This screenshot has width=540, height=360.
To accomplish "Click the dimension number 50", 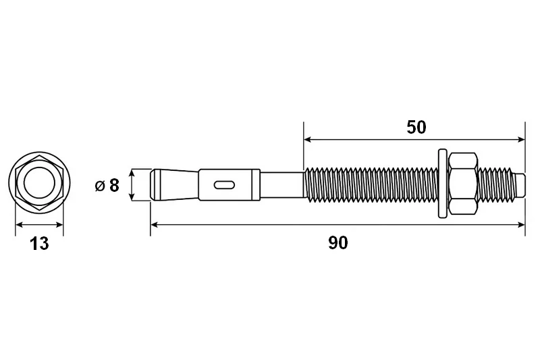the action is click(x=416, y=127).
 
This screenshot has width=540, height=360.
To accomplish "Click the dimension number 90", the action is click(x=338, y=243).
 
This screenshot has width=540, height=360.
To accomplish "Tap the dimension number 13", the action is click(x=39, y=244).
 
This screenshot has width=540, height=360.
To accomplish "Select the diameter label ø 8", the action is click(x=107, y=185).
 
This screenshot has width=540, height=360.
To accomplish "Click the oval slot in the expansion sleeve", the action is click(x=224, y=185).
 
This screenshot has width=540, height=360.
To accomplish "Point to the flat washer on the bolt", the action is click(x=443, y=183).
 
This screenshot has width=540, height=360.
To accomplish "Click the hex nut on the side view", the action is click(x=462, y=184).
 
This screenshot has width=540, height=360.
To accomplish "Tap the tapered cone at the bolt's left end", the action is click(x=175, y=184).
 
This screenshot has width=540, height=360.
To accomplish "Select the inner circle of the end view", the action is click(x=39, y=182).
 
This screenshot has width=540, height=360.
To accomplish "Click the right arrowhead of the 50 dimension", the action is click(x=521, y=140).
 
